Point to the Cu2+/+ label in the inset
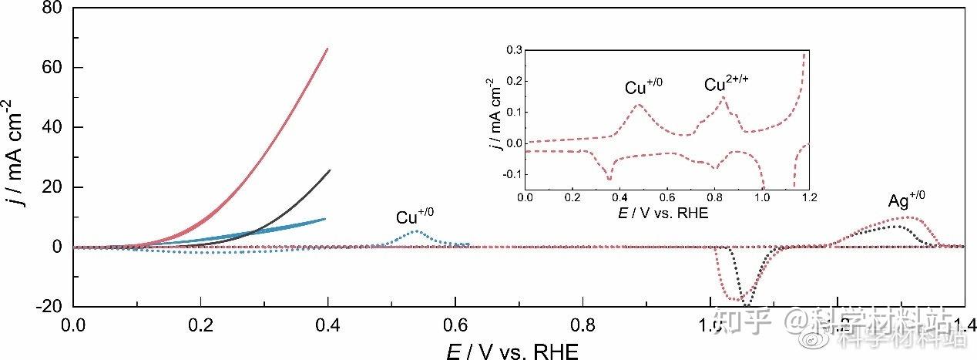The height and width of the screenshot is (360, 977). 727,82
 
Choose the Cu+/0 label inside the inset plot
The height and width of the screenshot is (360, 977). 643,86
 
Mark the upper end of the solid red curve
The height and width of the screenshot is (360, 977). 327,49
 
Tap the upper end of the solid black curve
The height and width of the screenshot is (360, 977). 329,170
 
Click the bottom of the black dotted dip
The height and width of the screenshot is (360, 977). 746,305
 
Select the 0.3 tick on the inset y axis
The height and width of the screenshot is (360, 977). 512,49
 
